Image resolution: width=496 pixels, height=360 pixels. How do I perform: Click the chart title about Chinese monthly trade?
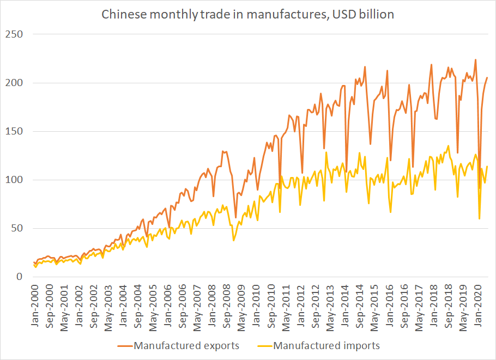tap(248, 14)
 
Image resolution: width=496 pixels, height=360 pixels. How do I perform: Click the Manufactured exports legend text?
tap(186, 345)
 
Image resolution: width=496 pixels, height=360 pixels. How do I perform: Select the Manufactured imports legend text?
tap(326, 345)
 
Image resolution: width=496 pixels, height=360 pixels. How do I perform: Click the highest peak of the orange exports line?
tap(476, 59)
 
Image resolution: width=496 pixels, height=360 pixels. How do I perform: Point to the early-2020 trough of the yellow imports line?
tap(479, 219)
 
